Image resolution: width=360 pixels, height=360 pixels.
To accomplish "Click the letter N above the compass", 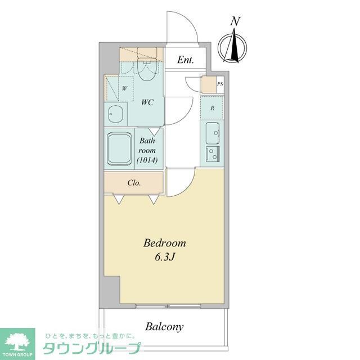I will pyautogui.click(x=236, y=22).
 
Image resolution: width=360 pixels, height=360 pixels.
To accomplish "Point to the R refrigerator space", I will pyautogui.click(x=212, y=107).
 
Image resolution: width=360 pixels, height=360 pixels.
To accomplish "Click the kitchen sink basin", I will pyautogui.click(x=212, y=133).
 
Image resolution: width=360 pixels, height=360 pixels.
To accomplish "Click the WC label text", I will pyautogui.click(x=148, y=103).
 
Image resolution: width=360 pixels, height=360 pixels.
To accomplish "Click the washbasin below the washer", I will pyautogui.click(x=115, y=114).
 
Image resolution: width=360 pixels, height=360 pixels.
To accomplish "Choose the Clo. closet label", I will pyautogui.click(x=134, y=183).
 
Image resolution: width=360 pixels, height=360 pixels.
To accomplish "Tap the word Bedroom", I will pyautogui.click(x=164, y=244).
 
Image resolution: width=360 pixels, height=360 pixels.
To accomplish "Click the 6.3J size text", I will pyautogui.click(x=164, y=258).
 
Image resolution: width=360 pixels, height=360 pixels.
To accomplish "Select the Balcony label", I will pyautogui.click(x=164, y=326).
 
